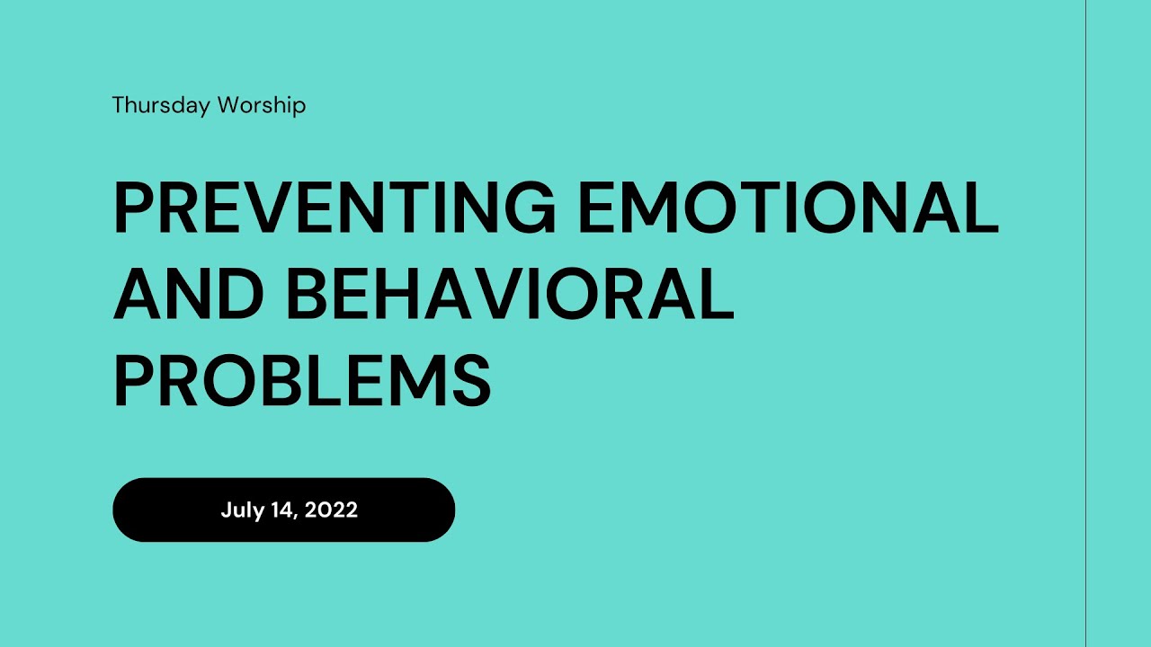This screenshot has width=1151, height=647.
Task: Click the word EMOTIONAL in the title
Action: point(788,208)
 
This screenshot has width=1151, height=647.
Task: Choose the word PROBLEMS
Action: point(302,380)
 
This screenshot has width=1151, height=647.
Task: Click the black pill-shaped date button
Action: point(283,510)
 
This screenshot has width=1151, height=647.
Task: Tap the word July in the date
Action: point(242,510)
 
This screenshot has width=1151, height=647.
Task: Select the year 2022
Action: point(332,510)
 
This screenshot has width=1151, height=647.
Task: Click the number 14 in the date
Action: point(282,510)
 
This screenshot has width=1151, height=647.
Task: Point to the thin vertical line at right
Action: point(1085,323)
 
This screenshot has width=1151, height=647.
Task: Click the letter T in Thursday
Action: point(118,106)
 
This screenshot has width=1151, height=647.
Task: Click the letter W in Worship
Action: point(229,106)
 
